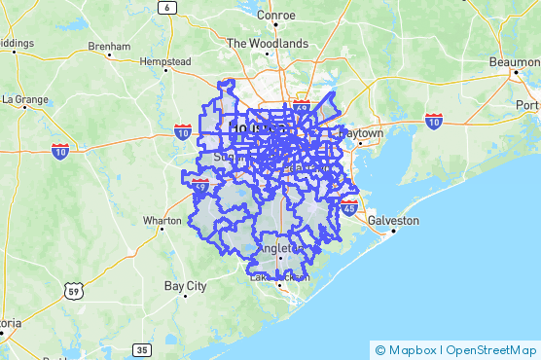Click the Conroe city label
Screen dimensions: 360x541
[x=275, y=15]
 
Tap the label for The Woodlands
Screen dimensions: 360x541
[x=267, y=43]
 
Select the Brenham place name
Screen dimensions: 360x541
[x=108, y=46]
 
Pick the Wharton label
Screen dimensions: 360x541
[x=162, y=221]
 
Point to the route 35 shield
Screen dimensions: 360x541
[x=142, y=350]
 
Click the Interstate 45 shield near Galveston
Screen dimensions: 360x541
[x=349, y=206]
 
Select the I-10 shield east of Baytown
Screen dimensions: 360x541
[x=434, y=120]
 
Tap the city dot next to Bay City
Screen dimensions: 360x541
[x=185, y=297]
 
